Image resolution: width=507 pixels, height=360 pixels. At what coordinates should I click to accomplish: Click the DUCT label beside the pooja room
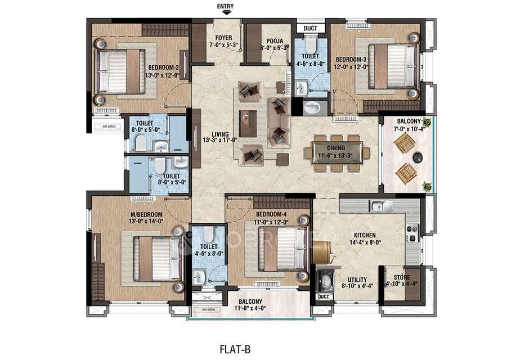(x=310, y=28)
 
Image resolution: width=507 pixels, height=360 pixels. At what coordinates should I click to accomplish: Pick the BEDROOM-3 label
(x=352, y=58)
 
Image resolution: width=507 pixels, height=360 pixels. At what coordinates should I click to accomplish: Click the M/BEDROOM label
(x=147, y=214)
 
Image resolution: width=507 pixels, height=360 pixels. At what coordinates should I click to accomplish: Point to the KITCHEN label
(x=365, y=235)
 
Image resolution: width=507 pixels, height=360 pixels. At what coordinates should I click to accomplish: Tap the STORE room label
(x=402, y=277)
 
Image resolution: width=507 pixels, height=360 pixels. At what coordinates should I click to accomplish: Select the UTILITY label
(x=357, y=280)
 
